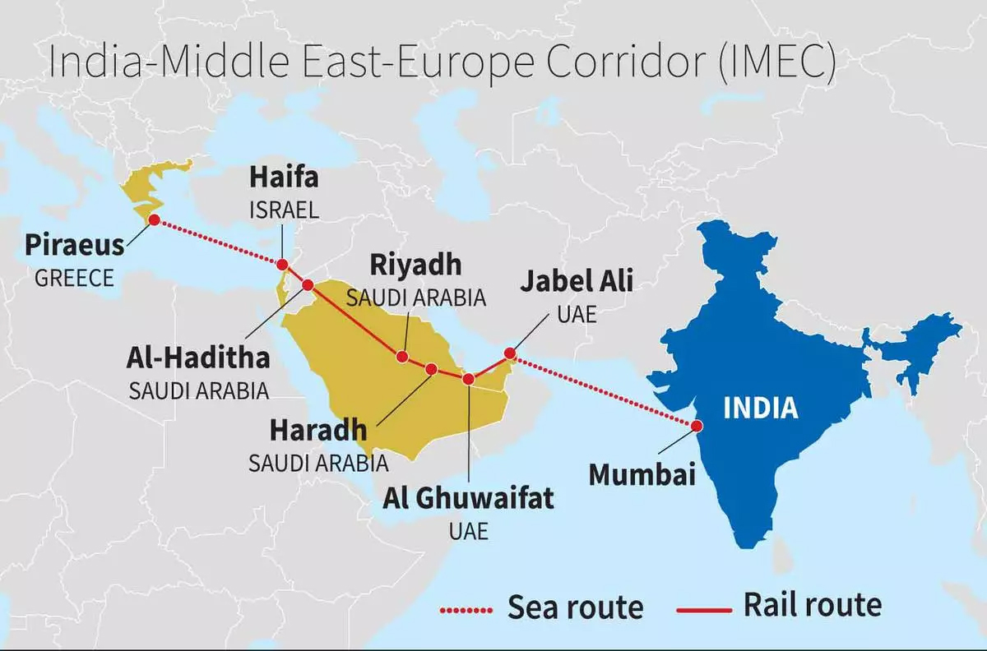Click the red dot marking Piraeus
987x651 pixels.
(x=154, y=220)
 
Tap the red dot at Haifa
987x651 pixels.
(x=282, y=265)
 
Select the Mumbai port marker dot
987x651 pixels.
(x=697, y=426)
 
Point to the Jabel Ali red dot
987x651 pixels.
(x=509, y=353)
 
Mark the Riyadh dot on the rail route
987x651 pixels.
(x=402, y=357)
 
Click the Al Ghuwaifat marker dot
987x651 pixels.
(x=468, y=379)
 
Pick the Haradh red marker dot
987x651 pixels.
(x=431, y=369)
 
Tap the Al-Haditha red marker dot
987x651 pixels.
(x=308, y=285)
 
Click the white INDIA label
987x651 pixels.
(x=761, y=408)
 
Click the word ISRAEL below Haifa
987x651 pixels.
(x=284, y=210)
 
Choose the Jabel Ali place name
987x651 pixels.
(x=577, y=282)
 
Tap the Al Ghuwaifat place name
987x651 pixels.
(x=468, y=498)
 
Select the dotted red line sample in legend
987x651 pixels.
(x=467, y=610)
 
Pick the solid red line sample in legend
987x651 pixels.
(x=703, y=610)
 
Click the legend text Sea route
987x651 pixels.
(x=575, y=607)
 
